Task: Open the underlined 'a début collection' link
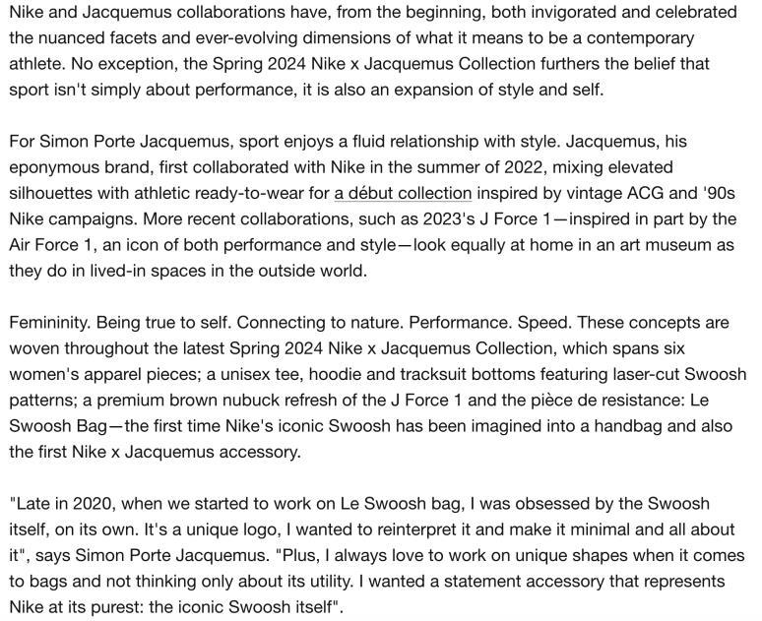[x=403, y=192]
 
